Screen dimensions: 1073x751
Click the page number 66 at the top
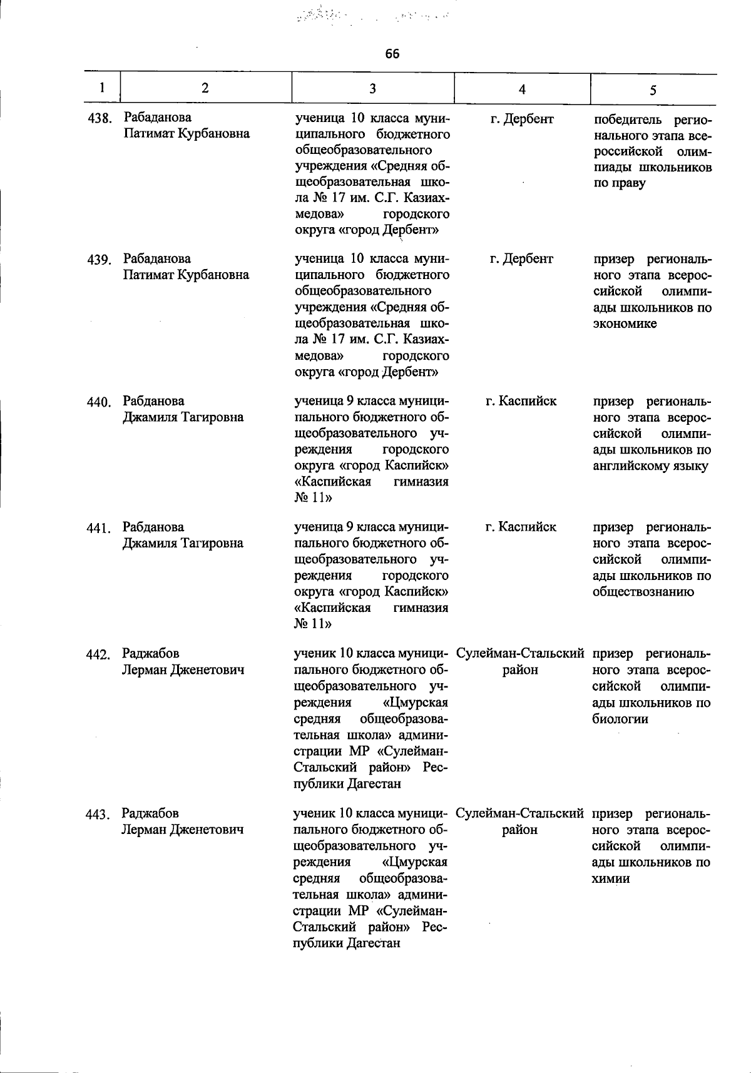coord(392,54)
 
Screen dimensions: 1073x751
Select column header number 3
coord(372,88)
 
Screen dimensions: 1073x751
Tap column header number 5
coord(653,90)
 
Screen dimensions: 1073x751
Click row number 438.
coord(99,118)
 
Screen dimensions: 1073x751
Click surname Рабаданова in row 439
coord(157,258)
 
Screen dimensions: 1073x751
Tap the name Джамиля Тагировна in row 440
coord(183,417)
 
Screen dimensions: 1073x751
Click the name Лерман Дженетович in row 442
coord(183,670)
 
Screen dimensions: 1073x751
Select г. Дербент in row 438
coord(522,118)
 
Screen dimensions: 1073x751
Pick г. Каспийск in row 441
coord(521,527)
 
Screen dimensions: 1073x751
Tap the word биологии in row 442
coord(620,719)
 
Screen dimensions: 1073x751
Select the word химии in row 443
coord(611,879)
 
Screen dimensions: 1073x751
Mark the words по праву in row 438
coord(619,183)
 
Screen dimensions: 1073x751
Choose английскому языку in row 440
coord(650,466)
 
